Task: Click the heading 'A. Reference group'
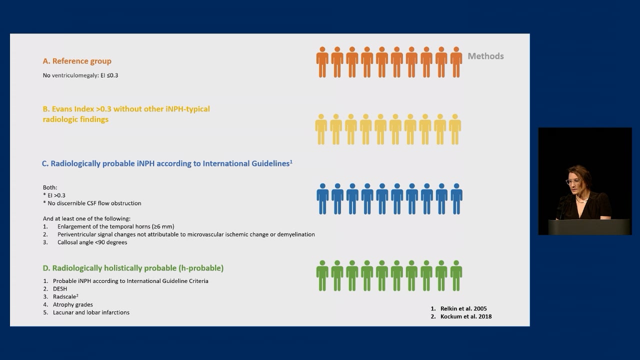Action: [x=77, y=61]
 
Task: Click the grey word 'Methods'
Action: [x=485, y=56]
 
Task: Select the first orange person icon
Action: [x=322, y=62]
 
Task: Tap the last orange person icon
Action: [x=456, y=62]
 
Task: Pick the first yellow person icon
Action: [x=321, y=129]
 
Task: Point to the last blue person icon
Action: [x=456, y=199]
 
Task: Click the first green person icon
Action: [x=322, y=275]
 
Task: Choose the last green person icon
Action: [x=456, y=275]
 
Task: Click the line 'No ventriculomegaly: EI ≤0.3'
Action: [x=80, y=75]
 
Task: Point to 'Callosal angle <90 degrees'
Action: [x=92, y=242]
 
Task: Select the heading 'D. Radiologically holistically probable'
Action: [x=133, y=268]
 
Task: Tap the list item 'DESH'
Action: [x=60, y=289]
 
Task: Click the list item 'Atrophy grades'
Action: [x=72, y=304]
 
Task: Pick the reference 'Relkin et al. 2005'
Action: [x=463, y=308]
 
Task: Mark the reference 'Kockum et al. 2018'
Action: [x=466, y=316]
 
